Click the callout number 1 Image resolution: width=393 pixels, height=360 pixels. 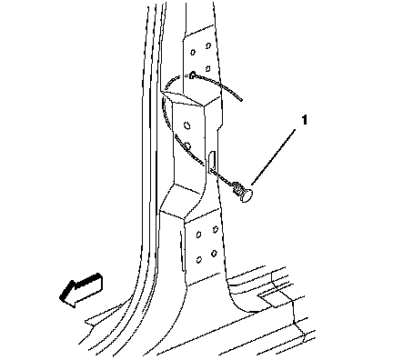coord(304,120)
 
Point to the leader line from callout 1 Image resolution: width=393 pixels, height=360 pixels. coord(273,156)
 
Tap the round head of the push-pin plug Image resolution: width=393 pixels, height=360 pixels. coord(247,195)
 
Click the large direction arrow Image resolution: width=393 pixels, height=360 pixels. coord(81,290)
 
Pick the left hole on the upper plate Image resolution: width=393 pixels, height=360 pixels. coord(193,53)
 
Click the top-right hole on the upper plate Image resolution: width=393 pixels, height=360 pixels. coord(208,45)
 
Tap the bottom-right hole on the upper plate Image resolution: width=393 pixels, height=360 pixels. coord(207,68)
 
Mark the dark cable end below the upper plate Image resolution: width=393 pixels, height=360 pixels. coord(192,75)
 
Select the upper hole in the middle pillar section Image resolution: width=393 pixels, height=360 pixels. coord(187,125)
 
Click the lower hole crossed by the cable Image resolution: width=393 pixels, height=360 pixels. coord(187,146)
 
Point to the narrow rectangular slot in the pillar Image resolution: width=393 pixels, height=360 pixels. coord(212,162)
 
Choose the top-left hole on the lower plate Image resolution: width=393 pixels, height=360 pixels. coord(198,235)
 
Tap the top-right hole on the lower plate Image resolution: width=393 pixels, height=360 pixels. coord(216,229)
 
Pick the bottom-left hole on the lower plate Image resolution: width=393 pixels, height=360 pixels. coord(199,260)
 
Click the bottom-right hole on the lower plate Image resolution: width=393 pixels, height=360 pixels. coord(214,253)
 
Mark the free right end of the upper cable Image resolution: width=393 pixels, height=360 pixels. coord(241,99)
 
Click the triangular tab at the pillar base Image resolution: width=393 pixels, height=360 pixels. coord(100,316)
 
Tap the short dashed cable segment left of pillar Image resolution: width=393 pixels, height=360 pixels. coord(172,81)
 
